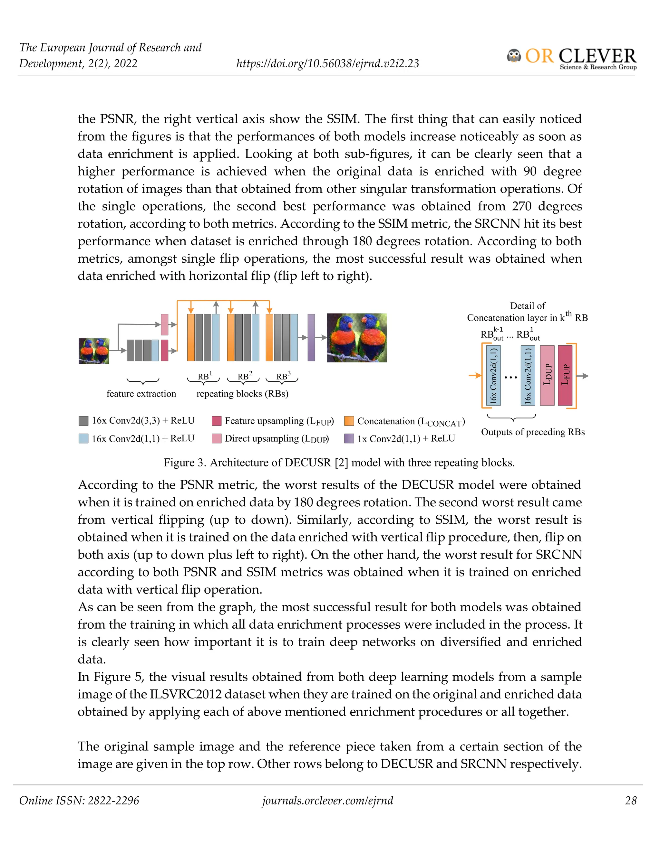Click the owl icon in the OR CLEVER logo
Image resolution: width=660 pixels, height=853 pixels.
pos(514,56)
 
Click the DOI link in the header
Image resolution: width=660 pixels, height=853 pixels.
pos(327,63)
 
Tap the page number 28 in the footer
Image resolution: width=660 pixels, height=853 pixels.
pos(631,800)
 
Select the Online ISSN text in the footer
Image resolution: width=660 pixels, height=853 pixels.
pos(79,800)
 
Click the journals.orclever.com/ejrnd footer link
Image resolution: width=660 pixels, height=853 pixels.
pos(327,800)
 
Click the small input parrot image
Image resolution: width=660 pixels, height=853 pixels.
pos(94,351)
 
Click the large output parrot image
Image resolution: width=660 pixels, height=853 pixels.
pos(357,337)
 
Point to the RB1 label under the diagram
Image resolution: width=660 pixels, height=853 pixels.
pos(204,376)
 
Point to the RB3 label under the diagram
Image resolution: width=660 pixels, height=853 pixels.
pos(283,376)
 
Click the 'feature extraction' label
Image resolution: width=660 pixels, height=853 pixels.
pos(141,393)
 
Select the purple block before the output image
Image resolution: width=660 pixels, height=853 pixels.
pos(311,337)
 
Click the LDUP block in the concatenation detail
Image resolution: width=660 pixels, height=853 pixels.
pos(547,375)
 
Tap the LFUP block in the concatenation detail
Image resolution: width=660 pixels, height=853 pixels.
pos(565,375)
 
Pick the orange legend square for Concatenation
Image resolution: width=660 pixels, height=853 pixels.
pos(349,421)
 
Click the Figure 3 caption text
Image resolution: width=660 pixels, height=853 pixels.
pos(339,463)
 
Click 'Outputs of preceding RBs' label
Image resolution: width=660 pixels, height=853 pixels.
pos(532,432)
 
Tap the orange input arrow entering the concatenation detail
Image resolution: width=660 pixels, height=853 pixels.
pos(475,375)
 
